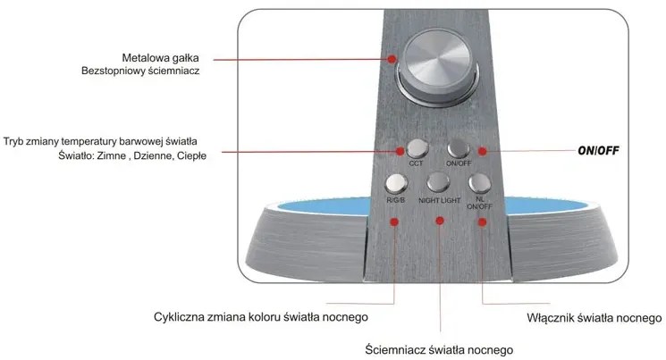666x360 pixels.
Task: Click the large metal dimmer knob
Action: coord(436,66)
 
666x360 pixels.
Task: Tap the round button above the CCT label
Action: coord(417,148)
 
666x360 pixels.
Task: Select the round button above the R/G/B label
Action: coord(396,183)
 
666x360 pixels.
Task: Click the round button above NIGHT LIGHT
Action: coord(438,182)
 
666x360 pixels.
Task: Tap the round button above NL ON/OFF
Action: coord(479,183)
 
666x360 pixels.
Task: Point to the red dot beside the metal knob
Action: coord(392,59)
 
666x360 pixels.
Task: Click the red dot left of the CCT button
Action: coord(400,151)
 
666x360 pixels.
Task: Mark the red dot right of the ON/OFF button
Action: coord(482,151)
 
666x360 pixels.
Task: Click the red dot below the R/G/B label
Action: coord(394,222)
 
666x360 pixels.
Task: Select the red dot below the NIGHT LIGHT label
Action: coord(440,221)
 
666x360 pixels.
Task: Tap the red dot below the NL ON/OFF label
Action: coord(482,222)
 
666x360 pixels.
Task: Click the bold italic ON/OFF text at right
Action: coord(598,151)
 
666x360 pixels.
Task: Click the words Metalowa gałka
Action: coord(160,58)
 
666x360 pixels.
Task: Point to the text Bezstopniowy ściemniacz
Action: coord(140,71)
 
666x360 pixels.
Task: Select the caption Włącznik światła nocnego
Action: coord(594,318)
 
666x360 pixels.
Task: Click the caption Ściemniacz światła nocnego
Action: coord(439,350)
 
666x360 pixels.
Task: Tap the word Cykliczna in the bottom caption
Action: coord(179,317)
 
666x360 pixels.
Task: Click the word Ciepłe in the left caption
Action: coord(191,155)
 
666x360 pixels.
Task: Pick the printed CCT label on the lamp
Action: coord(416,163)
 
